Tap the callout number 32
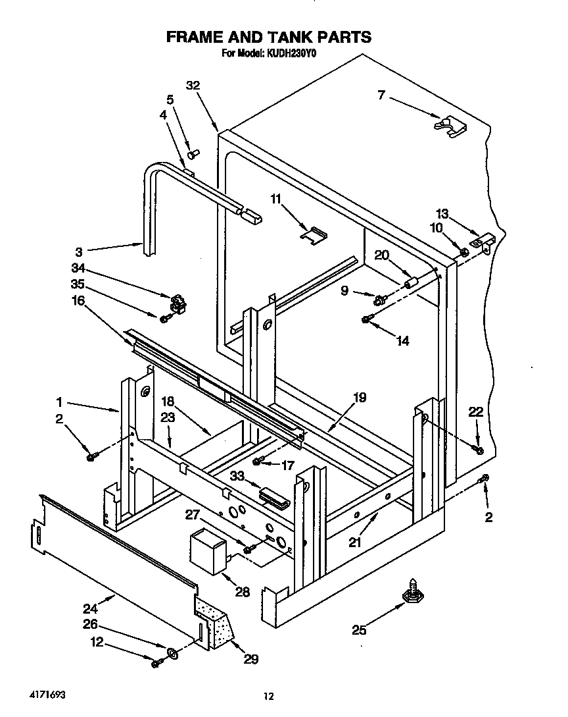coord(193,85)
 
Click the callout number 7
coord(381,95)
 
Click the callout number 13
coord(442,213)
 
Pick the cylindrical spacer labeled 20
coord(412,282)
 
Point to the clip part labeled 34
coord(176,304)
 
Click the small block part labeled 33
coord(274,496)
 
